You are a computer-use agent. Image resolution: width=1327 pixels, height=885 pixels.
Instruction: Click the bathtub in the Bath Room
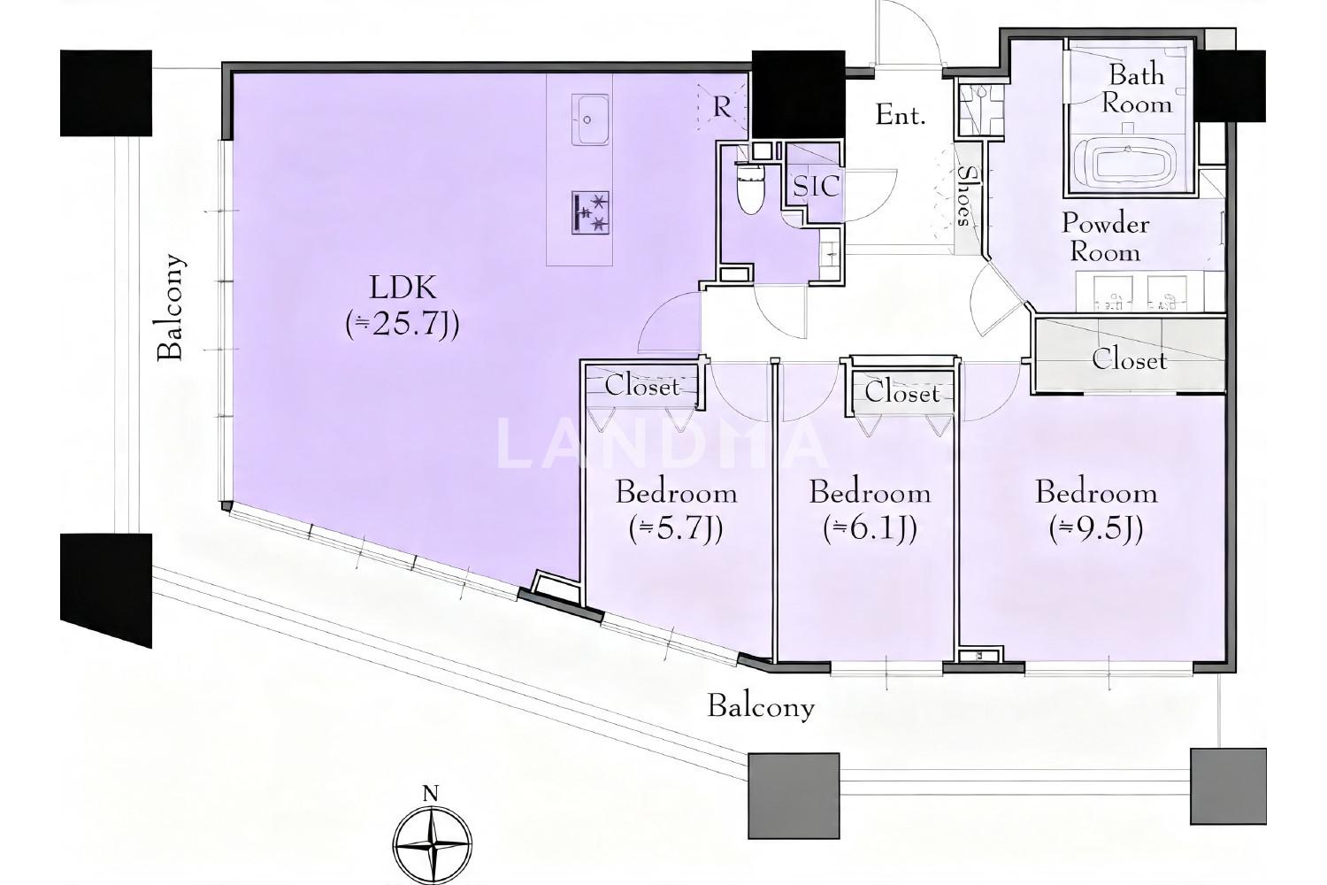(x=1131, y=165)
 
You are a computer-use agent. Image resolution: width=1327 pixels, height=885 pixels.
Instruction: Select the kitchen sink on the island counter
(x=590, y=119)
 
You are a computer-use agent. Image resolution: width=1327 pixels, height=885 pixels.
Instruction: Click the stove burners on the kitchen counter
(x=591, y=212)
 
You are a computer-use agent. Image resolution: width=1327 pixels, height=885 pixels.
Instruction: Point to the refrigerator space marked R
(x=722, y=107)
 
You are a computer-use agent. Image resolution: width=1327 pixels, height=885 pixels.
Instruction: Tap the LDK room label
(x=403, y=288)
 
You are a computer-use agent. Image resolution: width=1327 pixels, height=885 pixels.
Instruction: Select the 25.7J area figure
(x=403, y=325)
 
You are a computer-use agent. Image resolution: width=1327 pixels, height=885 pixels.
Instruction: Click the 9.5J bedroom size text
(x=1096, y=528)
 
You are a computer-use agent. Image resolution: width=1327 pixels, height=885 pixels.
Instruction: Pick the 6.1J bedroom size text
(x=870, y=528)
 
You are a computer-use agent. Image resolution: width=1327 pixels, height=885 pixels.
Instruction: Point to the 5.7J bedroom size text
(x=676, y=528)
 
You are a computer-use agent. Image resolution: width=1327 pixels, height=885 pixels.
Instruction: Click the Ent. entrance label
(x=901, y=115)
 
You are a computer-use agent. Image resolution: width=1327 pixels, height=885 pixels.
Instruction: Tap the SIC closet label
(x=817, y=187)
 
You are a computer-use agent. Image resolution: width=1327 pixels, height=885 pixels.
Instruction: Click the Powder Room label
(x=1105, y=238)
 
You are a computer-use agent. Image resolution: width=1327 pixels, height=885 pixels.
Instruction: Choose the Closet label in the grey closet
(x=1129, y=359)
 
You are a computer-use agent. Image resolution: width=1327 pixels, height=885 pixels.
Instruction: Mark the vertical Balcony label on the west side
(x=171, y=307)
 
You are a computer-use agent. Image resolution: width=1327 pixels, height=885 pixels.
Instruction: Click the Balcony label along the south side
(x=761, y=707)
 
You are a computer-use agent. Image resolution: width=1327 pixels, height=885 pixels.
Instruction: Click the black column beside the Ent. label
(x=798, y=95)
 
